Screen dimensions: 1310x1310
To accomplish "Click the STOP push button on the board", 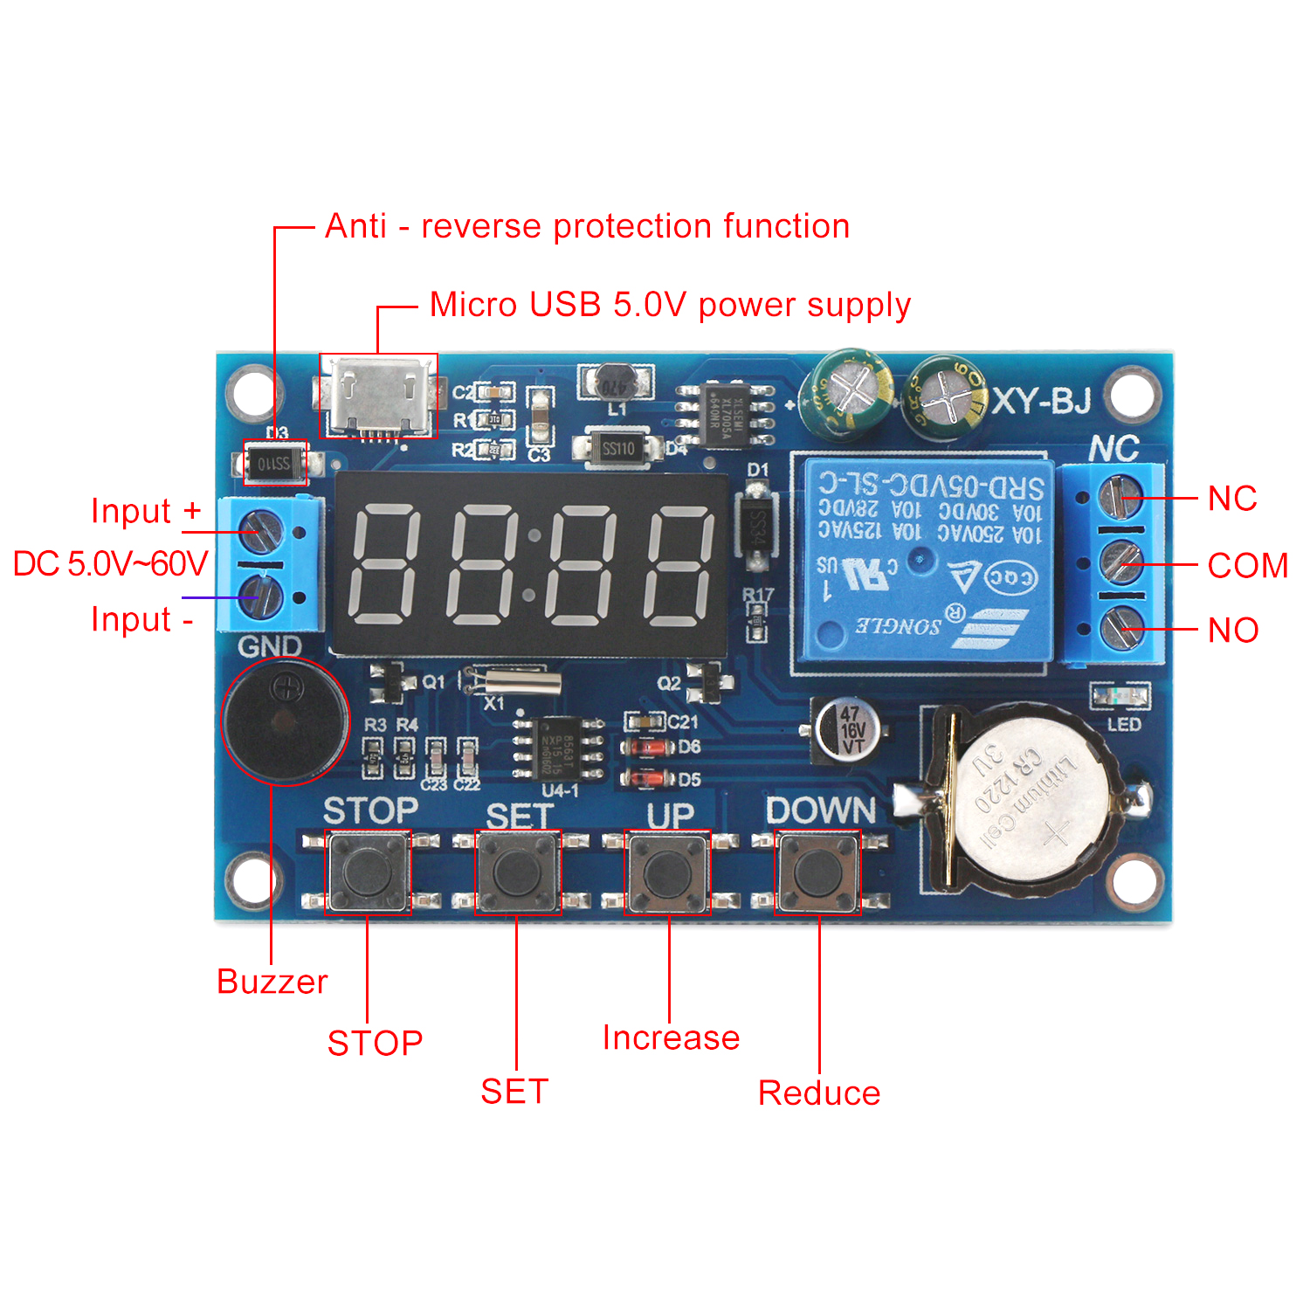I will click(368, 872).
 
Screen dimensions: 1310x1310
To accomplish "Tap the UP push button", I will click(668, 872).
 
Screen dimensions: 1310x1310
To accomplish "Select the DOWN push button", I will click(818, 872).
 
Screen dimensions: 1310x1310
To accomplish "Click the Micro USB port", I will click(378, 397).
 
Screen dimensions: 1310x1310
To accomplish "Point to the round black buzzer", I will click(285, 722).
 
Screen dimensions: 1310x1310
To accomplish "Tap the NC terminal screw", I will click(1120, 497).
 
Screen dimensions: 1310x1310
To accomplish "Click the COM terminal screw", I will click(1120, 563).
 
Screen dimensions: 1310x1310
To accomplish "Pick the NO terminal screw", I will click(1120, 629).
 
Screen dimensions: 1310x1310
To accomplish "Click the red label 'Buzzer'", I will click(272, 982).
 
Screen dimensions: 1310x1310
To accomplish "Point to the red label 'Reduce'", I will click(819, 1093).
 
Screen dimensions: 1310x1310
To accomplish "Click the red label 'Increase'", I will click(671, 1038).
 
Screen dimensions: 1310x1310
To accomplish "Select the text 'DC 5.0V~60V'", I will click(111, 564).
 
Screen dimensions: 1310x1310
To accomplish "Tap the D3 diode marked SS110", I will click(275, 463).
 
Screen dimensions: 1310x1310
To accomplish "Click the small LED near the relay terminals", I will click(1121, 696).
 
